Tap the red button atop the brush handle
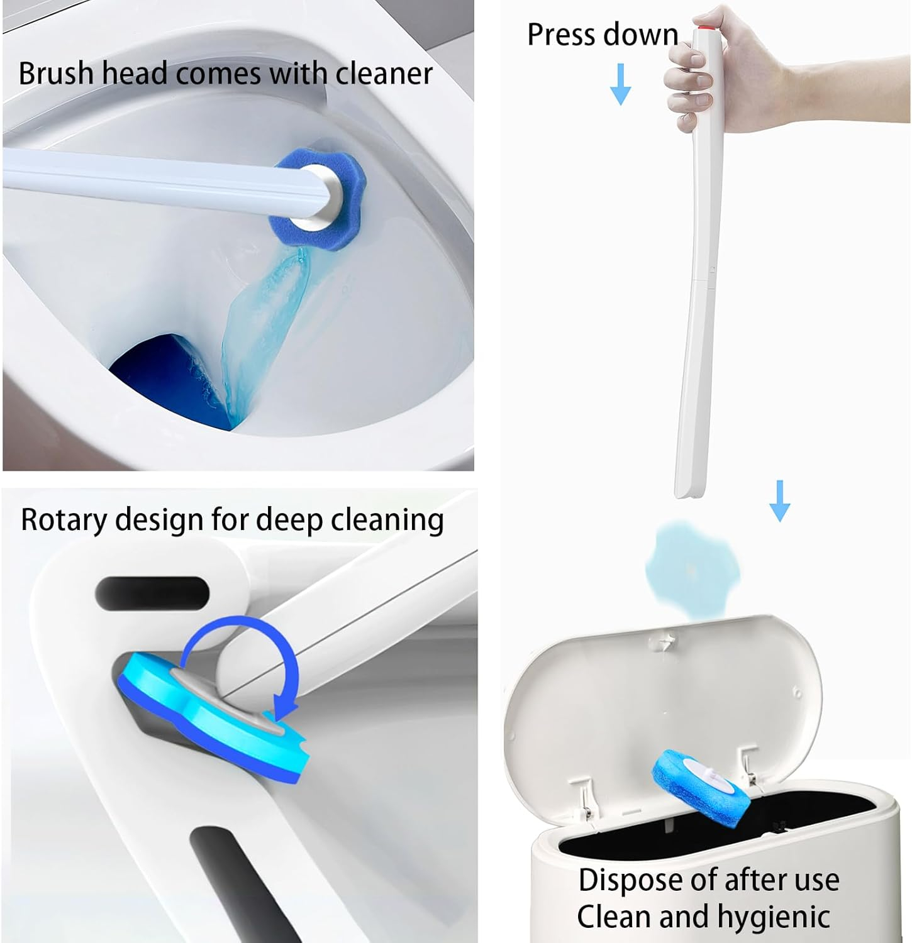tap(699, 28)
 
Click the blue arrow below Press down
tap(620, 84)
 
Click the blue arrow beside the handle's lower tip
tap(780, 500)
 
